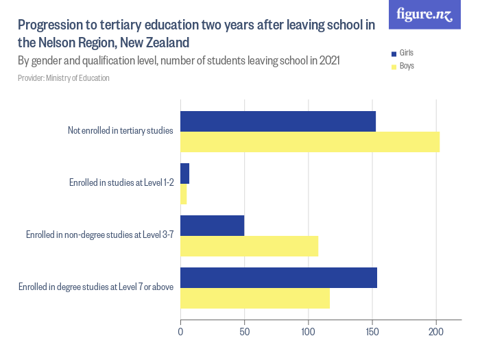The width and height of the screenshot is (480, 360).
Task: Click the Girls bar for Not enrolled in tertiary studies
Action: [278, 121]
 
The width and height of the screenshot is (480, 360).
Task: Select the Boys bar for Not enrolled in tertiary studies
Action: [309, 142]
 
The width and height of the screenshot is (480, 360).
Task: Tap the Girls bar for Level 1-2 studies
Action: [184, 173]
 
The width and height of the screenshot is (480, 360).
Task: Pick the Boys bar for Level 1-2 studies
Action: [183, 194]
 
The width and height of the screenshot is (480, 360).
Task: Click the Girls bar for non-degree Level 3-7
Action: [212, 226]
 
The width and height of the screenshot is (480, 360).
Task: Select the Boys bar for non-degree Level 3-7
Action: [249, 246]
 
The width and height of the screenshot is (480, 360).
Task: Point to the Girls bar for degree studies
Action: [278, 278]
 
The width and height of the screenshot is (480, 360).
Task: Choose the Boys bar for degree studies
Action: [254, 298]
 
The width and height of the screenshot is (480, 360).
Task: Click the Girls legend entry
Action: [406, 53]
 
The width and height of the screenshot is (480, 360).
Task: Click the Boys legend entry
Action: [406, 67]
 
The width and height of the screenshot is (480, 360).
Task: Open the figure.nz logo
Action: [424, 14]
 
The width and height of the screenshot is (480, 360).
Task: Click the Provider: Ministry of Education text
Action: [63, 78]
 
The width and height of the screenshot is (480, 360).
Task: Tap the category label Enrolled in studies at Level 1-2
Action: [121, 183]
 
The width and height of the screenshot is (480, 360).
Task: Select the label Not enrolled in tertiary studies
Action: [120, 131]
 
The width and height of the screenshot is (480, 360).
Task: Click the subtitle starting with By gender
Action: [178, 60]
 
